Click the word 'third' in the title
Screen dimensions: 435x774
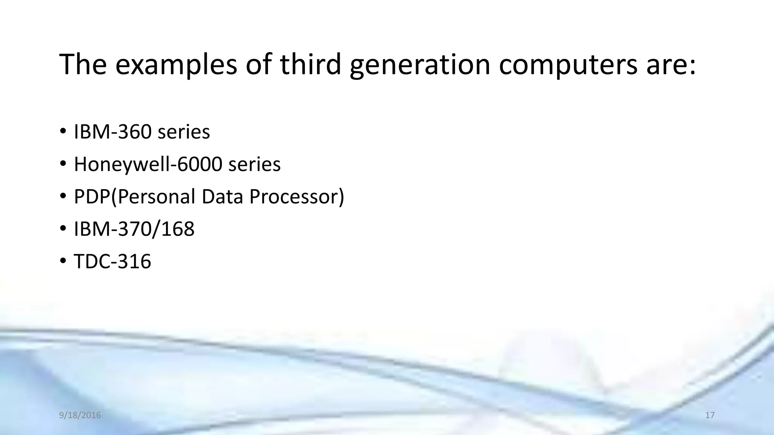pyautogui.click(x=310, y=64)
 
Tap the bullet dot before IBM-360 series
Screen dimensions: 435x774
pyautogui.click(x=63, y=132)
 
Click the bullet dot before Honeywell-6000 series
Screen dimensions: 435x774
pyautogui.click(x=63, y=164)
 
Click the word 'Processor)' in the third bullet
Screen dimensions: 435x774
pyautogui.click(x=297, y=197)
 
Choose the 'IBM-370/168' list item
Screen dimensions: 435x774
pyautogui.click(x=134, y=229)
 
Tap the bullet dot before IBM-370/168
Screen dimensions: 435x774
pyautogui.click(x=63, y=229)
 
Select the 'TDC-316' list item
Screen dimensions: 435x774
pyautogui.click(x=112, y=261)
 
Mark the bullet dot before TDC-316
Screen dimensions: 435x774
pyautogui.click(x=63, y=261)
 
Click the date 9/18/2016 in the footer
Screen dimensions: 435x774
pyautogui.click(x=80, y=415)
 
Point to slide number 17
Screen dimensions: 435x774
pyautogui.click(x=710, y=415)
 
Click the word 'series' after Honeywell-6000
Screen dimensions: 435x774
pyautogui.click(x=254, y=164)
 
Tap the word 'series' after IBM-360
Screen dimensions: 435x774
pyautogui.click(x=184, y=132)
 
